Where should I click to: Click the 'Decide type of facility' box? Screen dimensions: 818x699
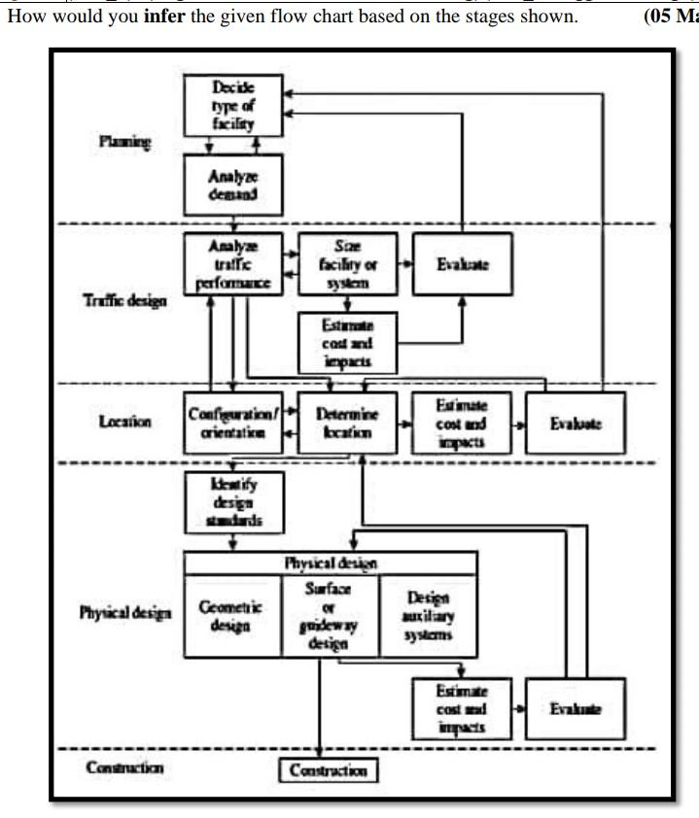(x=233, y=106)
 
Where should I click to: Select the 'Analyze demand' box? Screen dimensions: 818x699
(x=233, y=185)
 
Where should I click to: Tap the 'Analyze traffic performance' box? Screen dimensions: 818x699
(x=233, y=263)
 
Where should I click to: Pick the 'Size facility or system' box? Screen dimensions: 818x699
(x=347, y=263)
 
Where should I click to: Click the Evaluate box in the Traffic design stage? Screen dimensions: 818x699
(x=462, y=263)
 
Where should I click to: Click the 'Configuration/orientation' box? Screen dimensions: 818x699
(x=233, y=423)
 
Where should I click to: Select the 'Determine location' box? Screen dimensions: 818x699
(x=347, y=423)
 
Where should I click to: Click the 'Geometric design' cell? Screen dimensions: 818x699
(x=231, y=616)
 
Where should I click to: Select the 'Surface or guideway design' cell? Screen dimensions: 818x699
(x=330, y=616)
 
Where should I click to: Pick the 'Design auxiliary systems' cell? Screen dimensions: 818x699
(x=428, y=616)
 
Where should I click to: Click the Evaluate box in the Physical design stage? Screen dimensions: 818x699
(x=576, y=708)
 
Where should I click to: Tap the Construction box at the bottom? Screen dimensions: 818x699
(x=329, y=770)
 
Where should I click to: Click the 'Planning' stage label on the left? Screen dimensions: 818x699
(x=125, y=142)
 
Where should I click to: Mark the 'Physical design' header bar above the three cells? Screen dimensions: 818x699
(x=330, y=562)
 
